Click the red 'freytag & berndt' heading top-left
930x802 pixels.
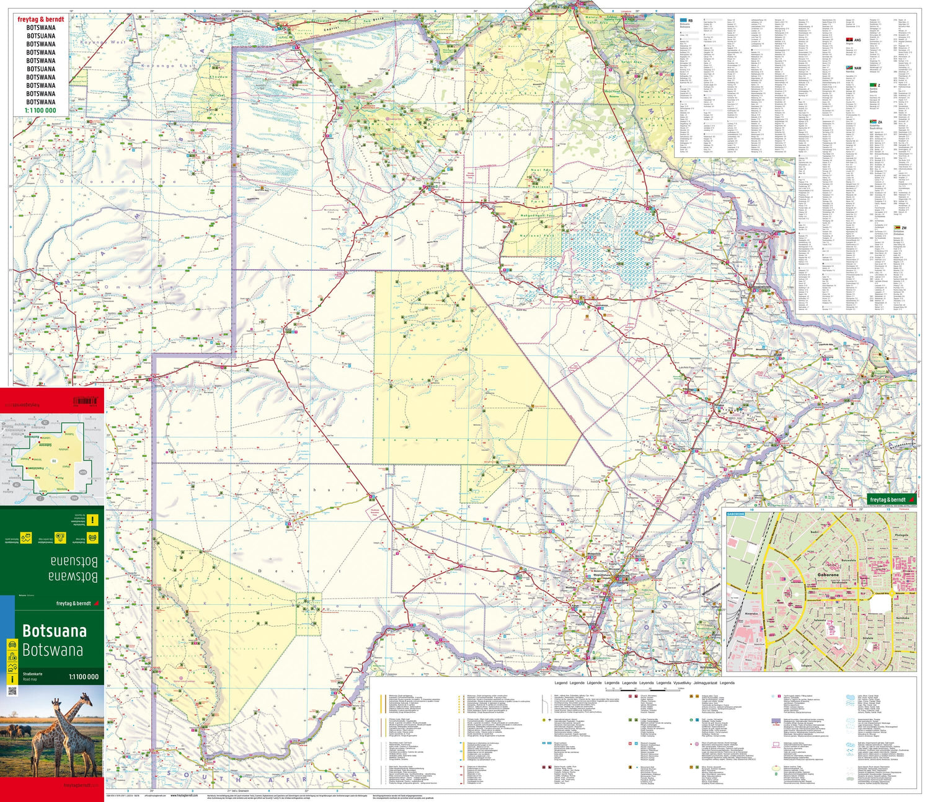(x=41, y=19)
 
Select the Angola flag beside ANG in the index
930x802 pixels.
(x=849, y=40)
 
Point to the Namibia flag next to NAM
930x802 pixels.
(x=849, y=68)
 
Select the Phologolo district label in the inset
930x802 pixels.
(x=901, y=535)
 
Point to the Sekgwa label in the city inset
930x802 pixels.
(x=806, y=666)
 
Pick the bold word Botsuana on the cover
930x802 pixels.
(x=54, y=631)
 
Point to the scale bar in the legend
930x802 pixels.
(x=666, y=688)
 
